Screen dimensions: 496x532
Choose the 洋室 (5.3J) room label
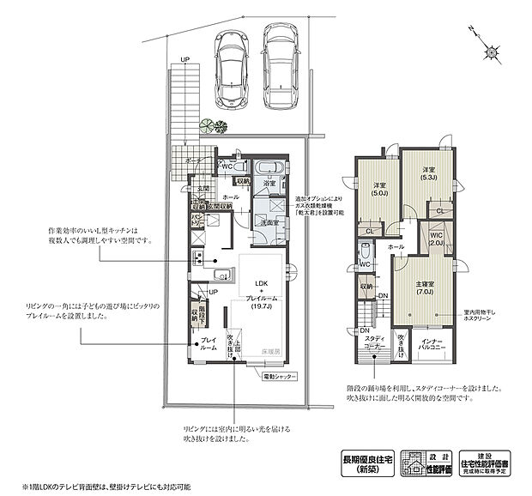click(x=428, y=175)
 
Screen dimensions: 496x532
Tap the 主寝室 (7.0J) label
click(x=426, y=288)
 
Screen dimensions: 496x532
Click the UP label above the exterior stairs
click(x=184, y=59)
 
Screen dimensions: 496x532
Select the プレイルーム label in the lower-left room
click(x=209, y=344)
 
